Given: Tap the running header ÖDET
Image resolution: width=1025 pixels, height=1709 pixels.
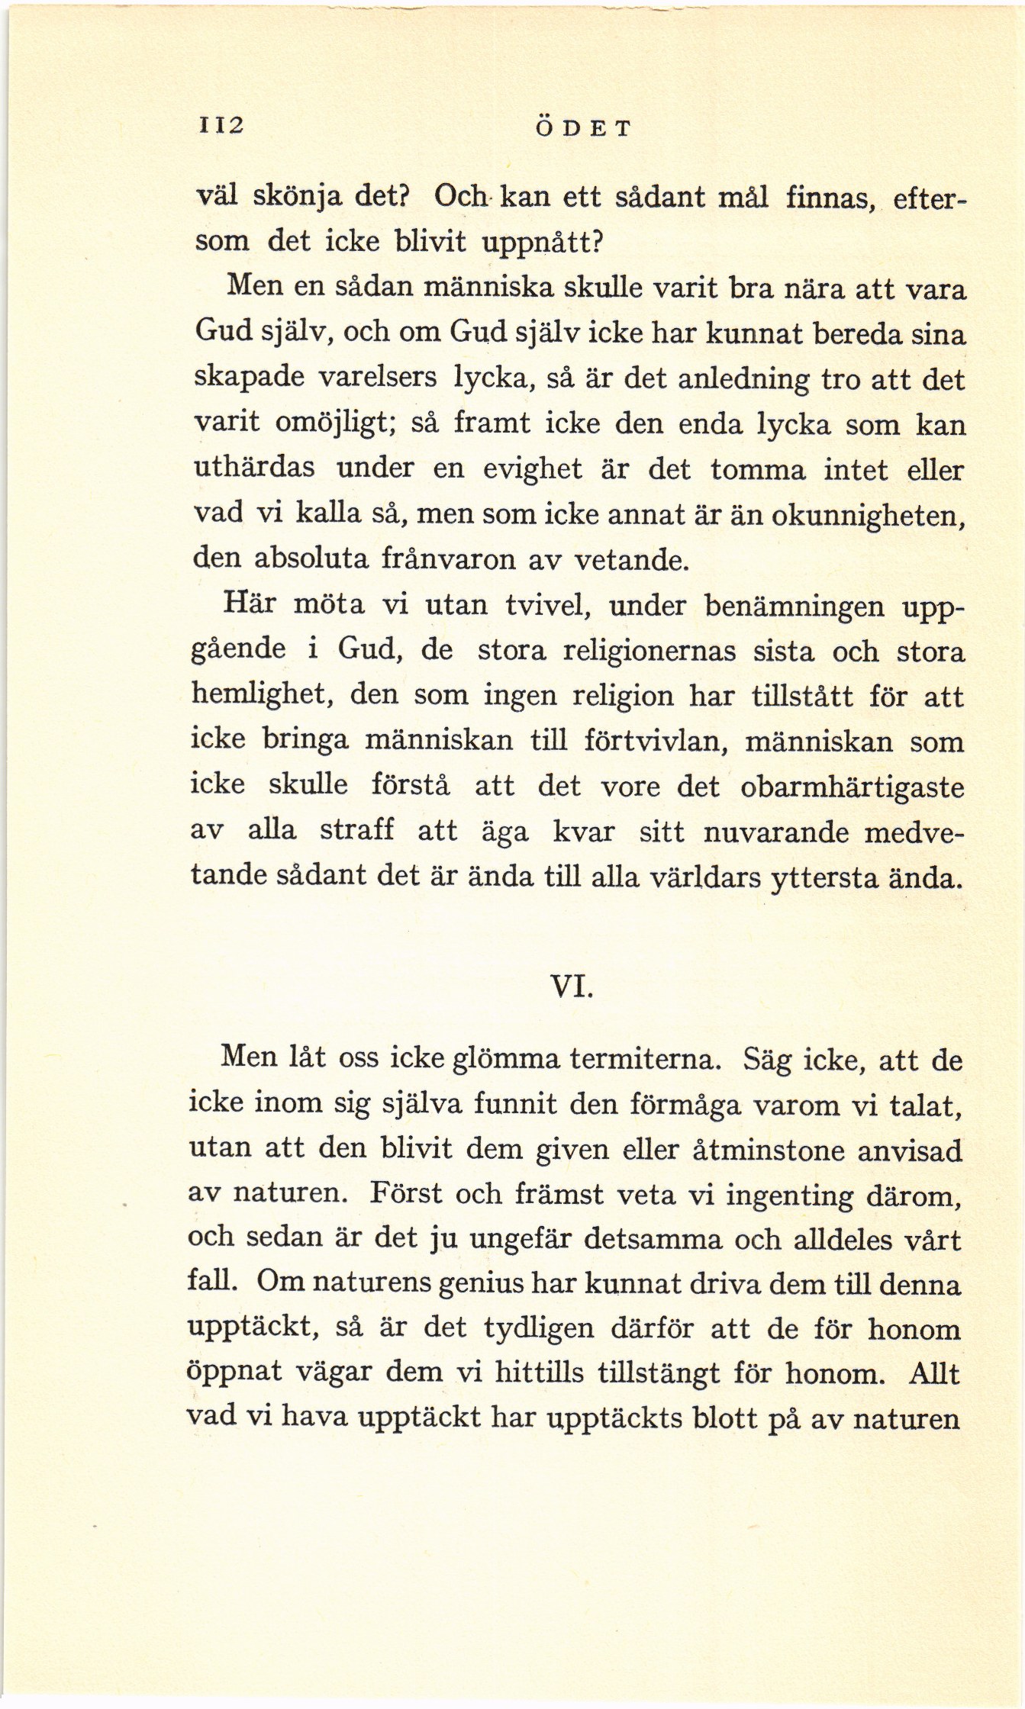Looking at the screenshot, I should (x=582, y=127).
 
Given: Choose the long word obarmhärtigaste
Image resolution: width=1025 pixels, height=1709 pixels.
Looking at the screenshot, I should (x=853, y=787).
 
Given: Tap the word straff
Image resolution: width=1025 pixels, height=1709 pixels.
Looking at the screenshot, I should (x=356, y=831).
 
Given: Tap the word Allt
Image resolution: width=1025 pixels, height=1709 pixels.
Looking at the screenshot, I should (x=934, y=1374).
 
